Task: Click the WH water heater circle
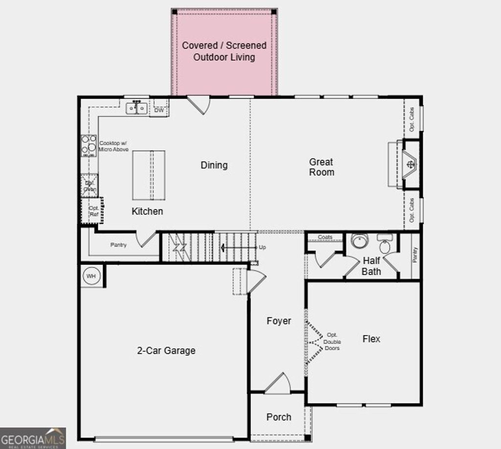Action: click(91, 276)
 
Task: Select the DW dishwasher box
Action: click(159, 110)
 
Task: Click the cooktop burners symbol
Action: click(89, 145)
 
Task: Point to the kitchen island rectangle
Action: click(149, 175)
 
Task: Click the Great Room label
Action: click(321, 167)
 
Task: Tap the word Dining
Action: click(214, 165)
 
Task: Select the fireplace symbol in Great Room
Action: click(410, 164)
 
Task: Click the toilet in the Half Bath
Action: click(385, 245)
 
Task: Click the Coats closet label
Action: click(325, 237)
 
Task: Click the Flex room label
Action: click(371, 339)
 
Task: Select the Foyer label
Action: click(278, 321)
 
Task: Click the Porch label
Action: click(278, 417)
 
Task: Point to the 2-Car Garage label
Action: click(166, 350)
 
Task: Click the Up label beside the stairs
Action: click(262, 247)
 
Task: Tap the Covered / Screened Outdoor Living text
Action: click(224, 51)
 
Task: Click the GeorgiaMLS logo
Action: click(33, 438)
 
